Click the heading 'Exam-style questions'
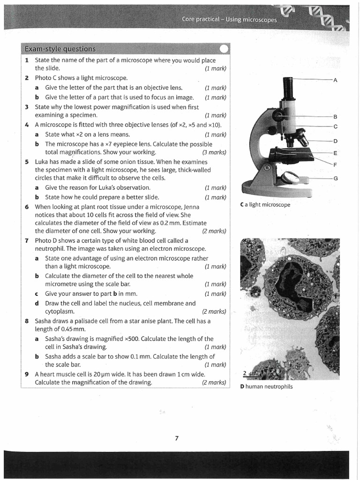[60, 49]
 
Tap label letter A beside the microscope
[335, 80]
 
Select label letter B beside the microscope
[335, 116]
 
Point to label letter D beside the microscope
[335, 141]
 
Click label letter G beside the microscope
[335, 179]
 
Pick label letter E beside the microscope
[335, 153]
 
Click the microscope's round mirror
[290, 177]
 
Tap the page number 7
[177, 438]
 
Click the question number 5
[27, 162]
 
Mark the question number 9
[27, 374]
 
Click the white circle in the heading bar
[224, 49]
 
